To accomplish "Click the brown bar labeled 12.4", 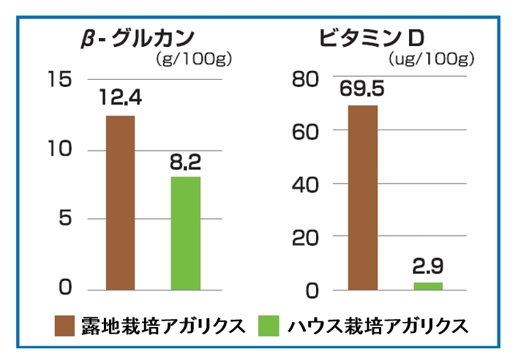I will click(121, 202).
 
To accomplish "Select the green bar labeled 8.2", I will click(186, 233).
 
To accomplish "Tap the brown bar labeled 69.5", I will click(363, 198).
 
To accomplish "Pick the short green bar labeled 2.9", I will click(428, 286).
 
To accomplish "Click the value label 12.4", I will click(121, 97).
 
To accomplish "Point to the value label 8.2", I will click(186, 160).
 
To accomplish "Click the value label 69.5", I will click(363, 89).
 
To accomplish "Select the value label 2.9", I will click(428, 265).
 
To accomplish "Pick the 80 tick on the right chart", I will click(306, 79).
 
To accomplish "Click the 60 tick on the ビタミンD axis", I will click(306, 132).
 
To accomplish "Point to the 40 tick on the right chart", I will click(306, 184).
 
